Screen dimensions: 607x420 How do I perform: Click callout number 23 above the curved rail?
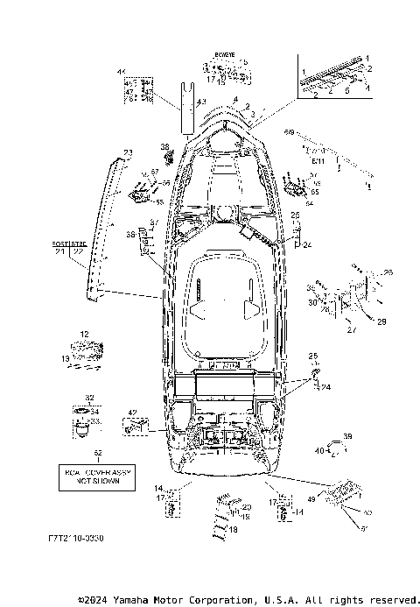128,153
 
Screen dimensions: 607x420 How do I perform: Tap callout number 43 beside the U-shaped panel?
200,102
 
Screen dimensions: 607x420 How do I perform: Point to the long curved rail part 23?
101,228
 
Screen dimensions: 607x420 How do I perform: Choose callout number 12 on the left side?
85,335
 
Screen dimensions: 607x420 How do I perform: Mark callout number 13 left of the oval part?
65,357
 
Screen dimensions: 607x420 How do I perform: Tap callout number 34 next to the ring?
96,411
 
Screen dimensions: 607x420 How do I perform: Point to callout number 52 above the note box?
97,453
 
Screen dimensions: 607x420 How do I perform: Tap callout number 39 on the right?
347,436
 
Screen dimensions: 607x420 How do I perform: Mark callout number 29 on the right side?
381,323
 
